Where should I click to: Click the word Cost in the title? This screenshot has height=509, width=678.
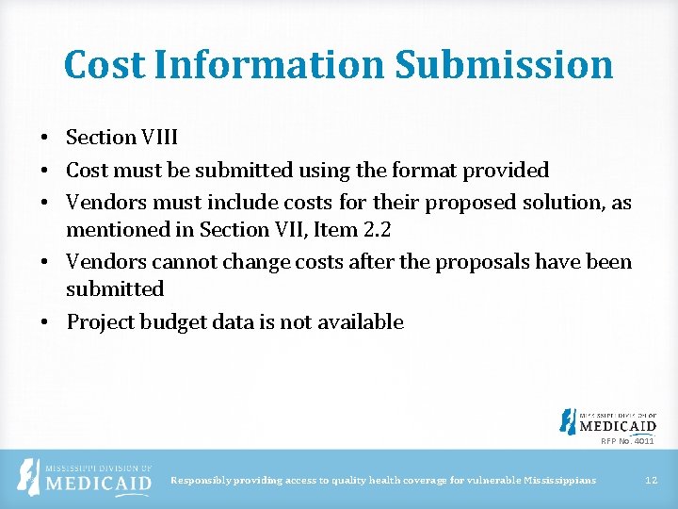104,65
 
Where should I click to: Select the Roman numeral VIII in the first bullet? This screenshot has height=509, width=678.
160,138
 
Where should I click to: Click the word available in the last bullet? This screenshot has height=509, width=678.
359,322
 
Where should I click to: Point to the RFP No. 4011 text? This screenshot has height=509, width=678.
627,440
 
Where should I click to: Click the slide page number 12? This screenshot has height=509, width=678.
650,481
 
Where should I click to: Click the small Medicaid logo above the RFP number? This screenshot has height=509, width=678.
607,420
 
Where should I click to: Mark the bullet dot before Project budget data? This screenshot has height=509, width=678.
44,322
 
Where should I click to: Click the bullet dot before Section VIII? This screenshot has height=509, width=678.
44,138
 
